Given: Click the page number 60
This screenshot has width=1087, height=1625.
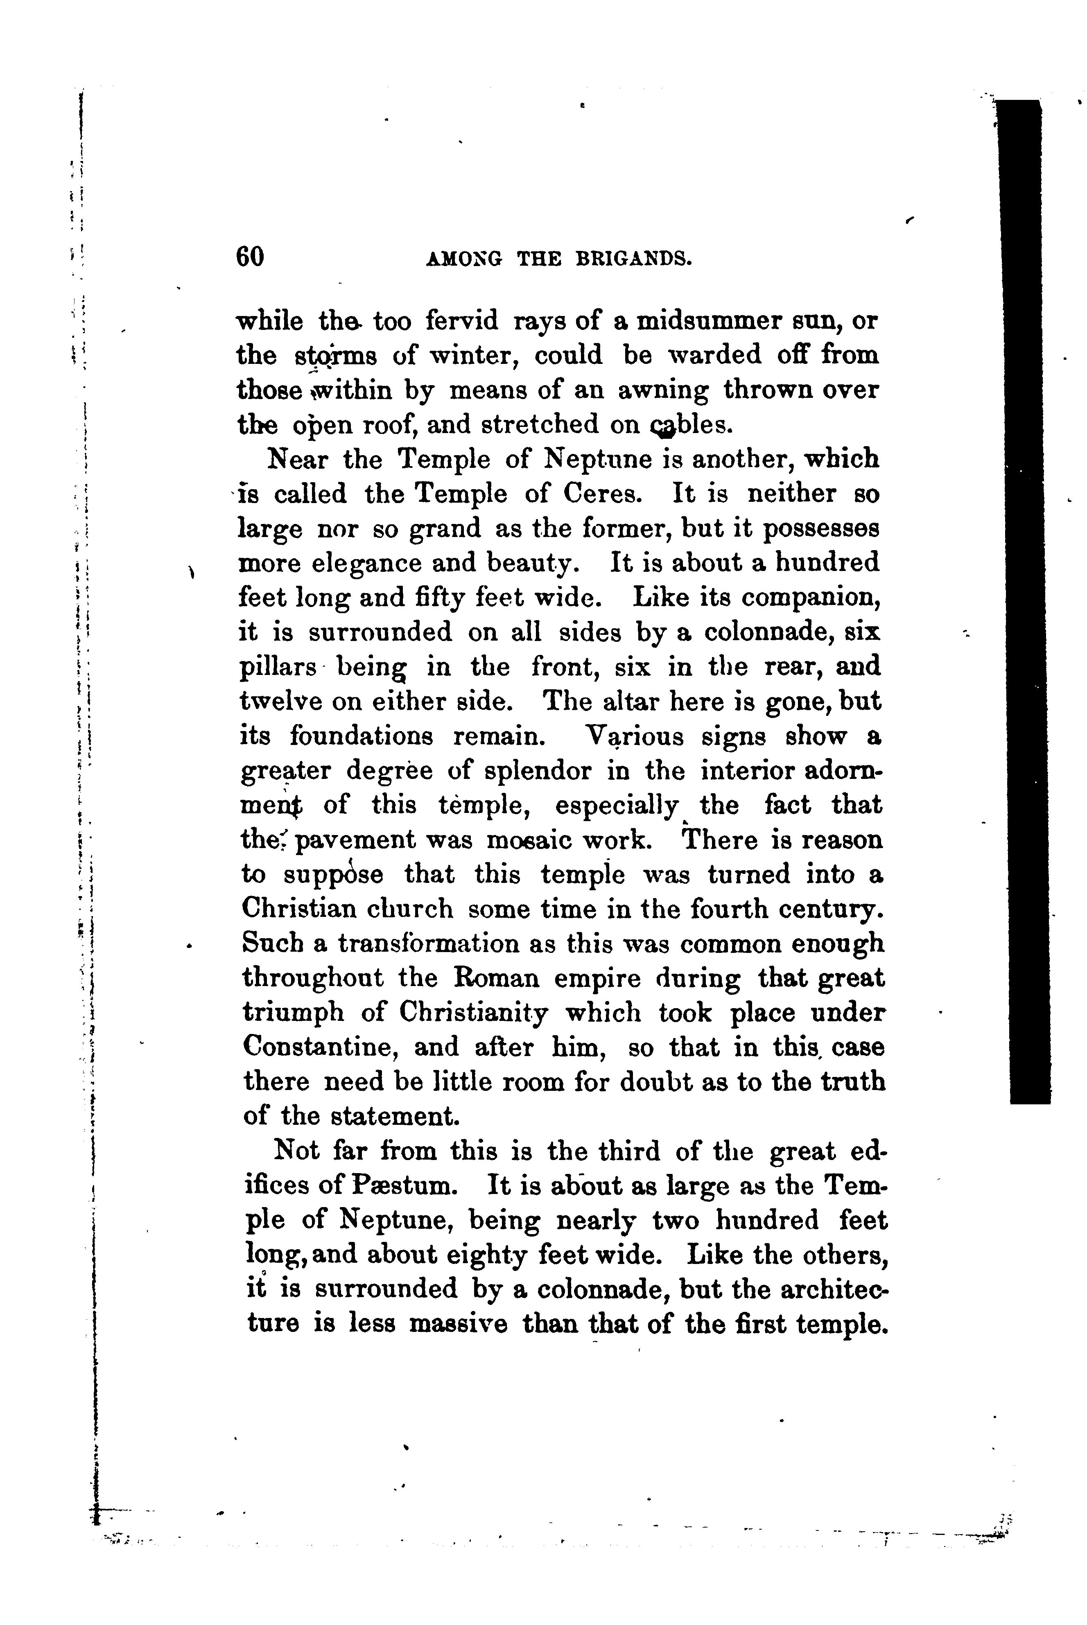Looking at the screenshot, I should (x=250, y=257).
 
